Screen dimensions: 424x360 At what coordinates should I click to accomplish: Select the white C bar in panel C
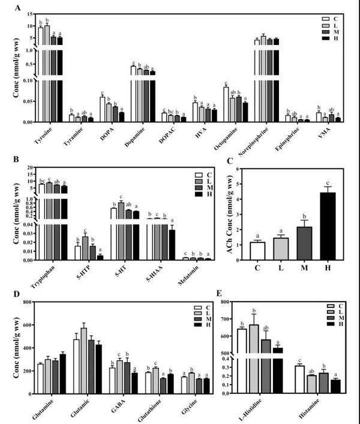pyautogui.click(x=257, y=250)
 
